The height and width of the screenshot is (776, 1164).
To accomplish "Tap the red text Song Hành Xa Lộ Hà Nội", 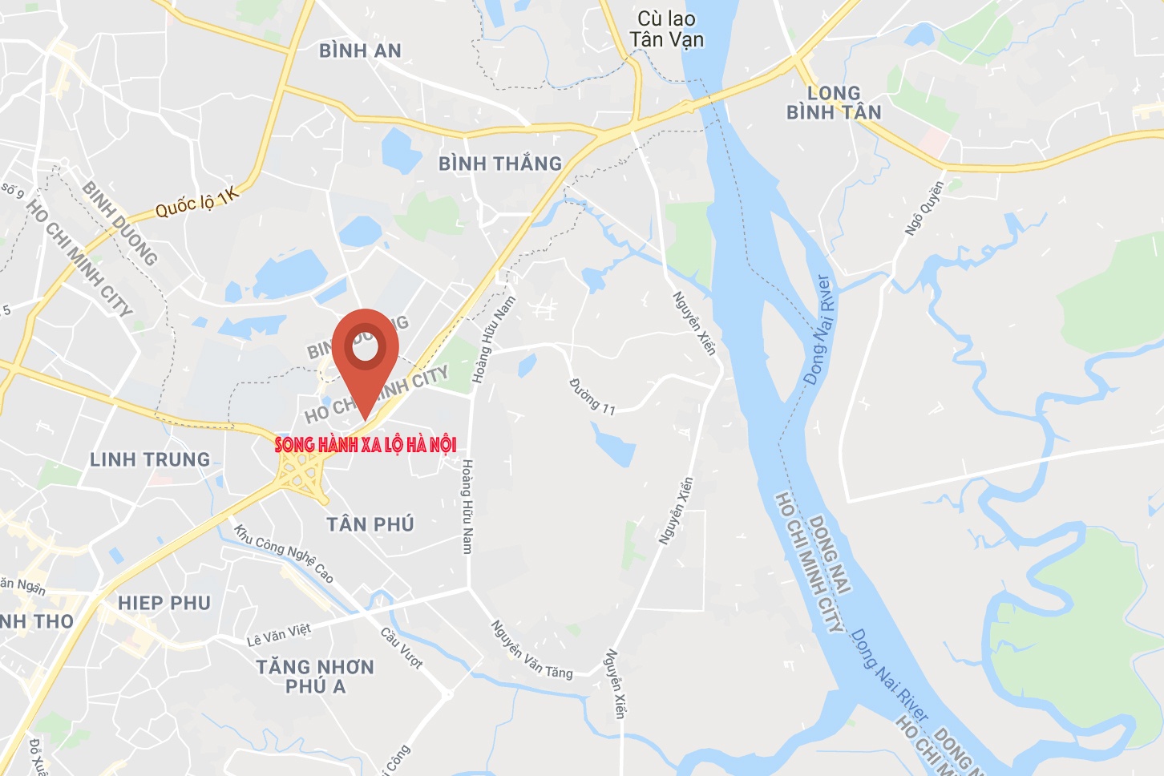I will click(366, 445).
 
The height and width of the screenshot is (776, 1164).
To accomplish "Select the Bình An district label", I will click(360, 51).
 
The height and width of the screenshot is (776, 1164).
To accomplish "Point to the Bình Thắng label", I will click(500, 164).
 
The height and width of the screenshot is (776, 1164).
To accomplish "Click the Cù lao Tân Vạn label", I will click(666, 30).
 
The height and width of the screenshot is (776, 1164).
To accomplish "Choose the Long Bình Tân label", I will click(834, 103).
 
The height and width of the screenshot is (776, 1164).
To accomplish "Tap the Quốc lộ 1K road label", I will click(197, 202).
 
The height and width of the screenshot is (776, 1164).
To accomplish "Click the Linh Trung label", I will click(150, 459).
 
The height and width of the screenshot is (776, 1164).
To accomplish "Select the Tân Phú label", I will click(370, 524).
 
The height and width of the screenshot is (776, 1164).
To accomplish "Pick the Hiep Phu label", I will click(164, 603).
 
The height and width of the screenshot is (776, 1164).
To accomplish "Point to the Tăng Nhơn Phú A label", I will click(315, 676).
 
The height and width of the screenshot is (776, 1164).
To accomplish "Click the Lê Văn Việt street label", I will click(279, 635).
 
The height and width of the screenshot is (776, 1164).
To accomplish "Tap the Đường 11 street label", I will click(592, 397).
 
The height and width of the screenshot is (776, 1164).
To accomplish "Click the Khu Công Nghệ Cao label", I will click(284, 552).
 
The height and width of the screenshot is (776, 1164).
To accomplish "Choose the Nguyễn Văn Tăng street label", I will click(531, 649).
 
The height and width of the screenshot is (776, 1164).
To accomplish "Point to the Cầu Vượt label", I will click(402, 648).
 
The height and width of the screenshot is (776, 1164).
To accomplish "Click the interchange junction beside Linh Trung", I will click(300, 473).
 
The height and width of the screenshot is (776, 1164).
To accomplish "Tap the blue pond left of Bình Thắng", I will click(397, 149).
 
